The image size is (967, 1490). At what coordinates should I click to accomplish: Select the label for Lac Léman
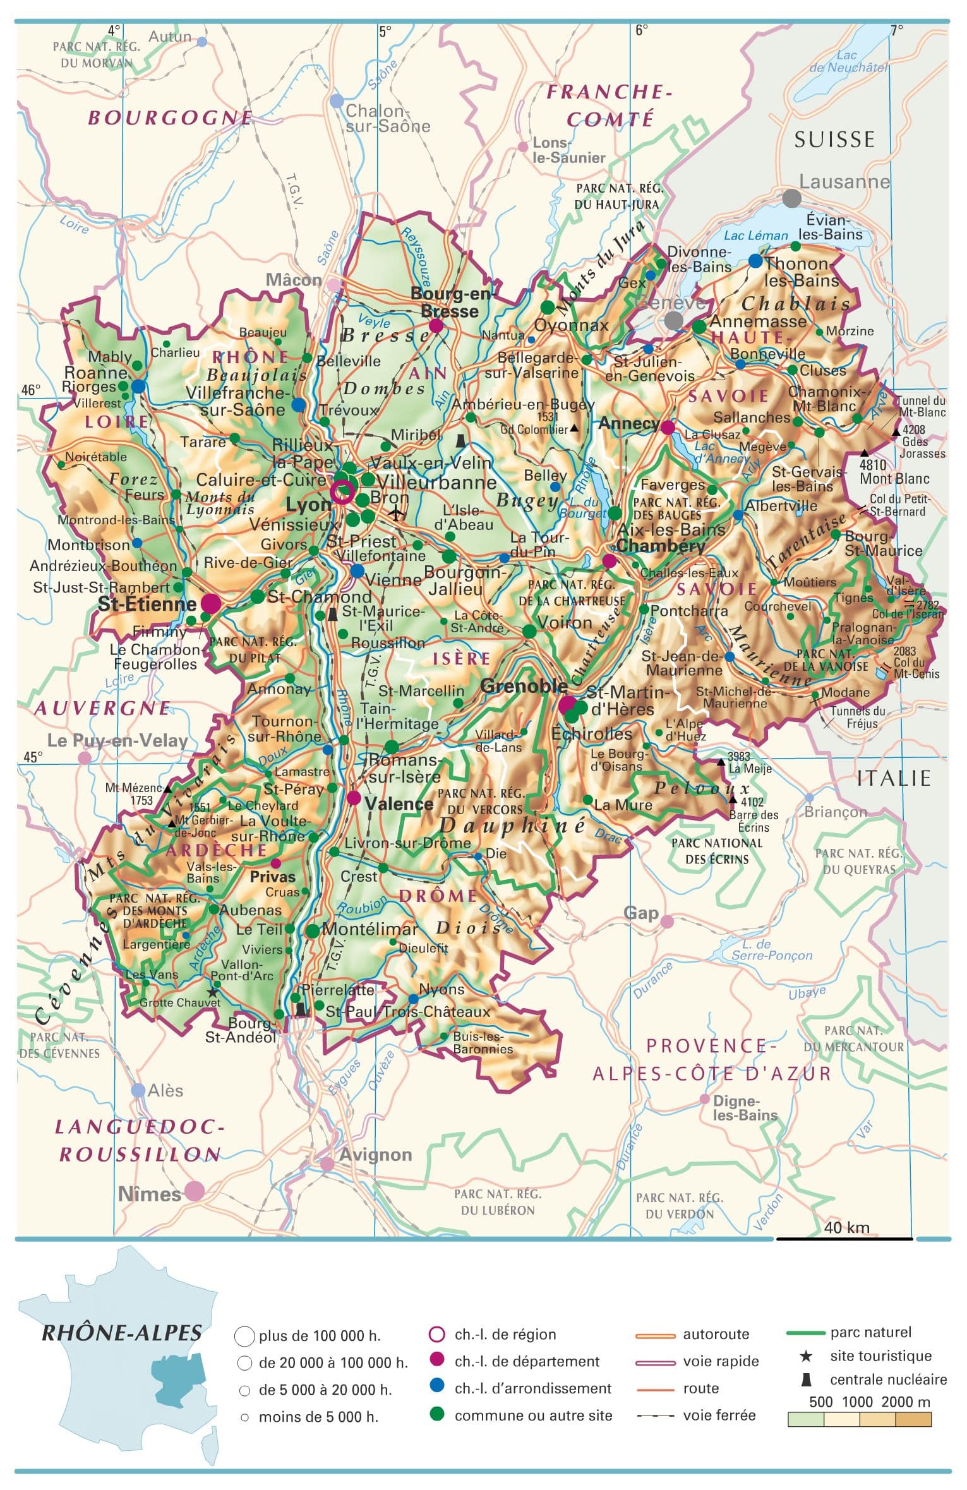[x=755, y=236]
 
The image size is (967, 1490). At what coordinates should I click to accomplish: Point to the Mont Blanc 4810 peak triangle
[x=864, y=454]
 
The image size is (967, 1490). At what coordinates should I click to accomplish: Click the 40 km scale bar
[x=844, y=1239]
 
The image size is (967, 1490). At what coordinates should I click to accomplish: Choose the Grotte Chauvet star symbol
[x=212, y=992]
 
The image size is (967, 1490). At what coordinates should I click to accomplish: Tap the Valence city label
[x=399, y=804]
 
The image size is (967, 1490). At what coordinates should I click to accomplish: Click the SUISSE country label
[x=834, y=140]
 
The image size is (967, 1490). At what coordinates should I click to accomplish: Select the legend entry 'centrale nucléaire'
[x=888, y=1379]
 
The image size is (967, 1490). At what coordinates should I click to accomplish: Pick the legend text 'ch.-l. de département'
[x=527, y=1361]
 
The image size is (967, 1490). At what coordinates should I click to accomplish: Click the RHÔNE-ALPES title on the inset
[x=122, y=1333]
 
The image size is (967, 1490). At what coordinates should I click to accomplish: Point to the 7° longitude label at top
[x=896, y=29]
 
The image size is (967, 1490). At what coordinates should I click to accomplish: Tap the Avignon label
[x=376, y=1155]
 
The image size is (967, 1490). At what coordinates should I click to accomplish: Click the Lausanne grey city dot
[x=791, y=198]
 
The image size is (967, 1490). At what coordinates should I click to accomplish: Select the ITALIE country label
[x=894, y=778]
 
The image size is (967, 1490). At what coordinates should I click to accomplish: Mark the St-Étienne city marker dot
[x=211, y=603]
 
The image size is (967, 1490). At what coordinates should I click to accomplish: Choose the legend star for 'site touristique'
[x=806, y=1355]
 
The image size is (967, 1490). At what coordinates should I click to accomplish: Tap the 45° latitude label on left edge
[x=33, y=757]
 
